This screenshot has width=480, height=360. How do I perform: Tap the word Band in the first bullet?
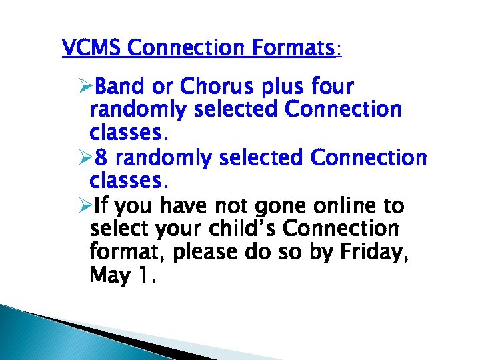pyautogui.click(x=118, y=87)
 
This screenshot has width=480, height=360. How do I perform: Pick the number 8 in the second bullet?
pyautogui.click(x=102, y=158)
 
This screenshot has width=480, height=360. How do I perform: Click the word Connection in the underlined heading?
pyautogui.click(x=191, y=48)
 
